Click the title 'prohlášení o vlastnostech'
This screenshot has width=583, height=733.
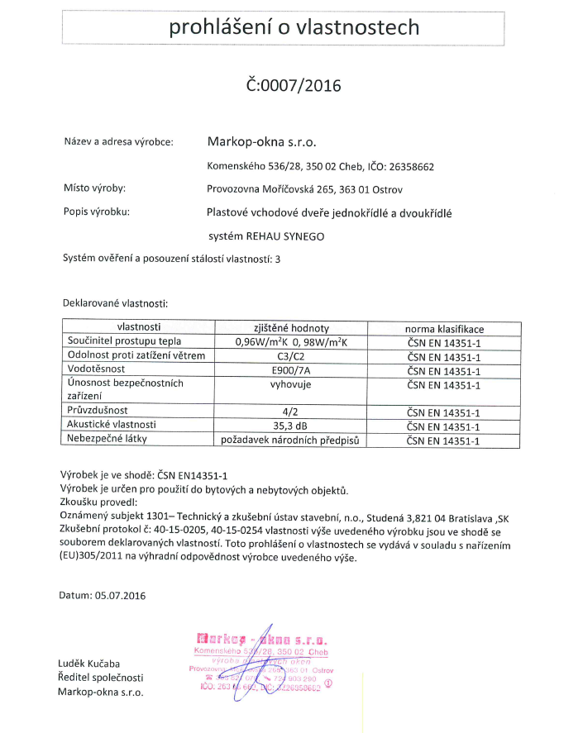(x=294, y=27)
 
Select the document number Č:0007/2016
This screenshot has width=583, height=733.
(x=294, y=84)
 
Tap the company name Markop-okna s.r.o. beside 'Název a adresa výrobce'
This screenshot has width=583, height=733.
(x=261, y=141)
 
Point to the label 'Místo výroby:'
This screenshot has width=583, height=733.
(x=94, y=188)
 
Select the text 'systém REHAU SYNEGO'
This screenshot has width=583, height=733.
(x=266, y=236)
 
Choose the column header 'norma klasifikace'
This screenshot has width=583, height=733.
(x=444, y=328)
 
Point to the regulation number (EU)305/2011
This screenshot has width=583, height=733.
(x=97, y=558)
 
